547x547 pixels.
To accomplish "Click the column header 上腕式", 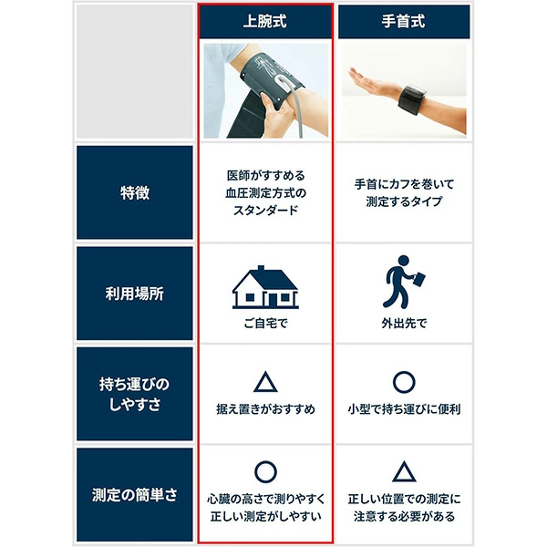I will (264, 21).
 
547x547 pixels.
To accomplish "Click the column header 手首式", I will (404, 21).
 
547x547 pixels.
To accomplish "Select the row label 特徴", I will (135, 192).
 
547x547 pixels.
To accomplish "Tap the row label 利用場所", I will (135, 294).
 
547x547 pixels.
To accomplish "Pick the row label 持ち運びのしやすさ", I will (135, 395).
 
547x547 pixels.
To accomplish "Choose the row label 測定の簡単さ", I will (135, 495).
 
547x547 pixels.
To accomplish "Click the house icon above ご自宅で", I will (264, 287).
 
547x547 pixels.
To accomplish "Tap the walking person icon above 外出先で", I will (403, 286).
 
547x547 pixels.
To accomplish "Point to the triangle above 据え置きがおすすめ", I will (264, 381).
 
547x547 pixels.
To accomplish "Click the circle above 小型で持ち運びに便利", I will (404, 381).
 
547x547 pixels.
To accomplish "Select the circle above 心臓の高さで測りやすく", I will (264, 471).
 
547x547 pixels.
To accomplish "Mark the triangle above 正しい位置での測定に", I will (404, 472).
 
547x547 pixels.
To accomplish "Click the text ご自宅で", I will (264, 323).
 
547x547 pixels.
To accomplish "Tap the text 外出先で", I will (404, 323).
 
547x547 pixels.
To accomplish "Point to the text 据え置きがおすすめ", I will (264, 409).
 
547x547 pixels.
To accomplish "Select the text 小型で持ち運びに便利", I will (404, 409).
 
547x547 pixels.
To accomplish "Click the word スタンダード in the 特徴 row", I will (264, 210).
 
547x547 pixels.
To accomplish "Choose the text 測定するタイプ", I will (404, 201).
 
